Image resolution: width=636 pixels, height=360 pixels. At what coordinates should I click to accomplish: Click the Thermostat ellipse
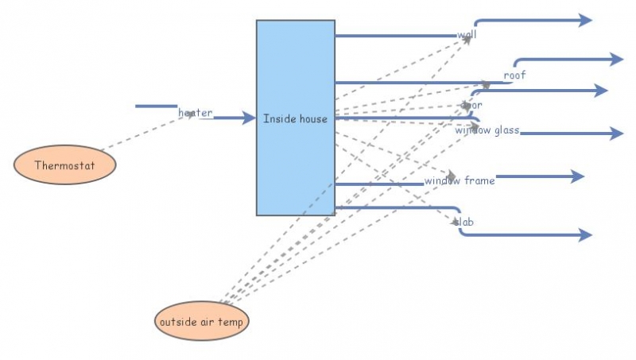65,165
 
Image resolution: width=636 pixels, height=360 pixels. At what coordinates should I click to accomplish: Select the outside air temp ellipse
202,321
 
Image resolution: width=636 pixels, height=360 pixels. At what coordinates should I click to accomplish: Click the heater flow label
195,113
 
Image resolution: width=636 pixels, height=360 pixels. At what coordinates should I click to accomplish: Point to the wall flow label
467,35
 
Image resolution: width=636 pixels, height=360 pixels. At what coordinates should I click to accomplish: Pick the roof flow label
514,75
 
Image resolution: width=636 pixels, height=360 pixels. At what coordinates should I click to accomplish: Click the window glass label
487,130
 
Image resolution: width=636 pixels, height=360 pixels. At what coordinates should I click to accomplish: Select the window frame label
459,180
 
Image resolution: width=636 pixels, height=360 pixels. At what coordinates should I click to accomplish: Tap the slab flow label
464,222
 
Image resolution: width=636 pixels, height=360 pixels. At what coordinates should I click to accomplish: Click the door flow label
471,104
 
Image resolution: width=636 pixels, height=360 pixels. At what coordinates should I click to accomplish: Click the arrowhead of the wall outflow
585,20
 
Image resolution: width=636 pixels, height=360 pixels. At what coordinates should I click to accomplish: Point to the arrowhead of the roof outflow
616,59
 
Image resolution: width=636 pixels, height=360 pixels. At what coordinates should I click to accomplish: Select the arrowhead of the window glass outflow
616,134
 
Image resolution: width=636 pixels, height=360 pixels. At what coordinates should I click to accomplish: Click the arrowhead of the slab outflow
585,234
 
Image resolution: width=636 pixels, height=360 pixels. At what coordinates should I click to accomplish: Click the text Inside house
295,119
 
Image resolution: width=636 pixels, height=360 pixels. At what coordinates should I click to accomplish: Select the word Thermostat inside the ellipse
65,165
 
